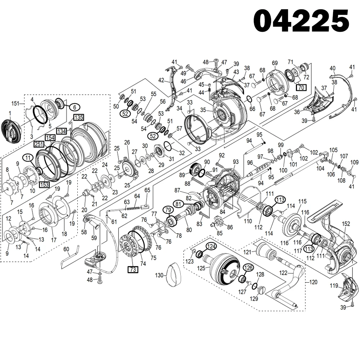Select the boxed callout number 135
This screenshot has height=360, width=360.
[x=79, y=117]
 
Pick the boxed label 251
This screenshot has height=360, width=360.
[x=39, y=144]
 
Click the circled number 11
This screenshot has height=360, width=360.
[x=27, y=157]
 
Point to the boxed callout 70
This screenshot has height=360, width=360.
[x=301, y=87]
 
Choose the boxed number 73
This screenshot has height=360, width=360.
[x=133, y=269]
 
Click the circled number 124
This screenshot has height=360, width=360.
[x=211, y=247]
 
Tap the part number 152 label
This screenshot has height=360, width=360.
[x=346, y=224]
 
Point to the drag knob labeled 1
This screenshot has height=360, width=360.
[x=10, y=129]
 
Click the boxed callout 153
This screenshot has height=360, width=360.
[x=44, y=184]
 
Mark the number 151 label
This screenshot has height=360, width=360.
[x=15, y=103]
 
